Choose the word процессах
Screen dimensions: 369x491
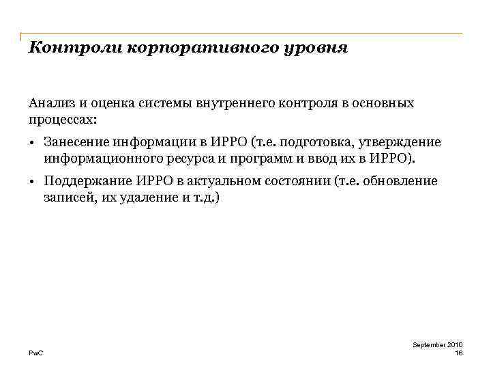click(x=63, y=119)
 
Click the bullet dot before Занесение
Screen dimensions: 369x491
click(x=32, y=143)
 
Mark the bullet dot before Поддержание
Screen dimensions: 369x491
click(x=32, y=182)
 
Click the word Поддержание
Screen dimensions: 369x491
click(x=83, y=182)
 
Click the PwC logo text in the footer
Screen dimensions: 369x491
click(x=35, y=353)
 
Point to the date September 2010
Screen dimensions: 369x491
click(x=438, y=345)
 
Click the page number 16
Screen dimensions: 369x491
click(x=458, y=353)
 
